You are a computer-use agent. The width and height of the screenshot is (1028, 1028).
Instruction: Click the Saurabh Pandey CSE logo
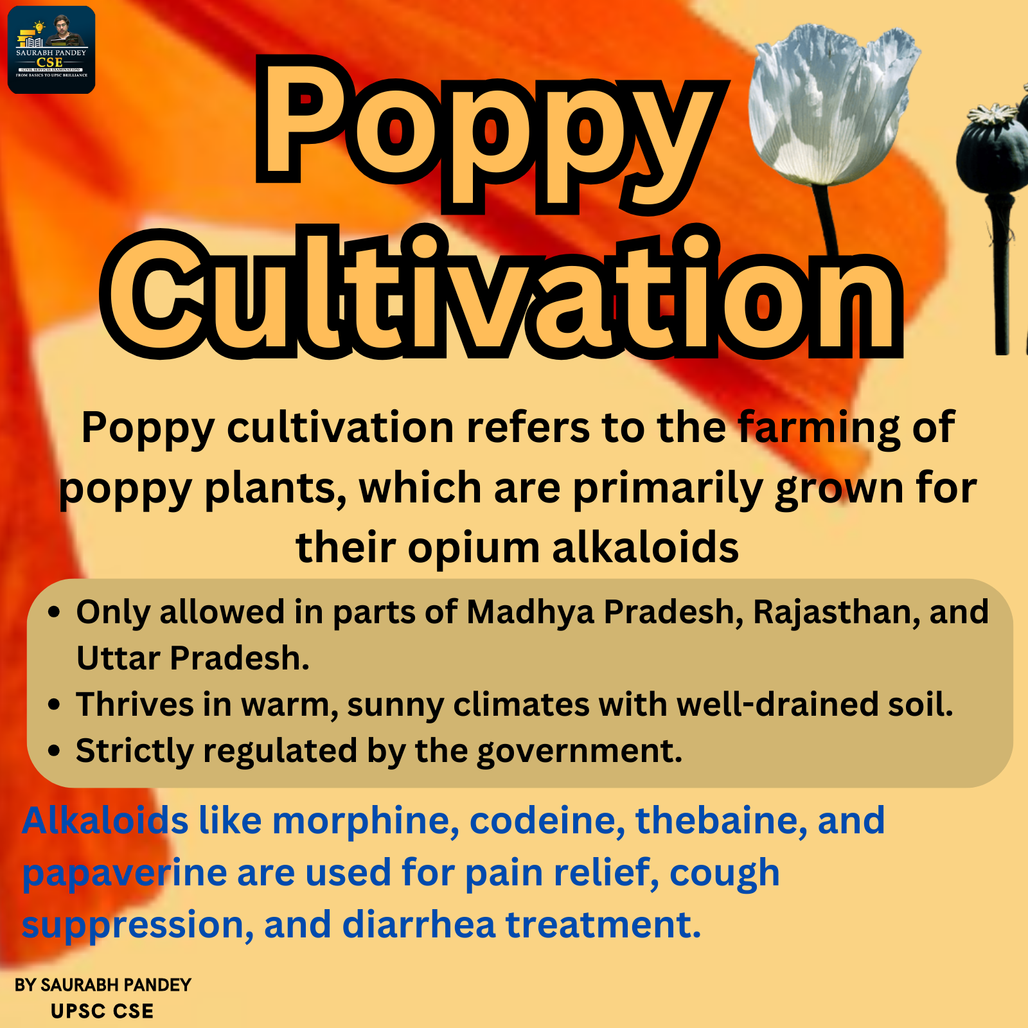[x=51, y=50]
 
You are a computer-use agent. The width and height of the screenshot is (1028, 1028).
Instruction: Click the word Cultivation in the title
[x=502, y=293]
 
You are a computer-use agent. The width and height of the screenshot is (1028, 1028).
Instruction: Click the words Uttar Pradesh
[x=192, y=659]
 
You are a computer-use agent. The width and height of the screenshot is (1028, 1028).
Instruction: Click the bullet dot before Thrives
[x=55, y=705]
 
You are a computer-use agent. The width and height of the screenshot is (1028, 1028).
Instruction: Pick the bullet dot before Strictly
[x=55, y=751]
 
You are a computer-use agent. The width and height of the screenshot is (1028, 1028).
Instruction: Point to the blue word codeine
[x=547, y=821]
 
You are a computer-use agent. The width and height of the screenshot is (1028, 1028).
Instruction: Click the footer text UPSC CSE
[x=102, y=1011]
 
